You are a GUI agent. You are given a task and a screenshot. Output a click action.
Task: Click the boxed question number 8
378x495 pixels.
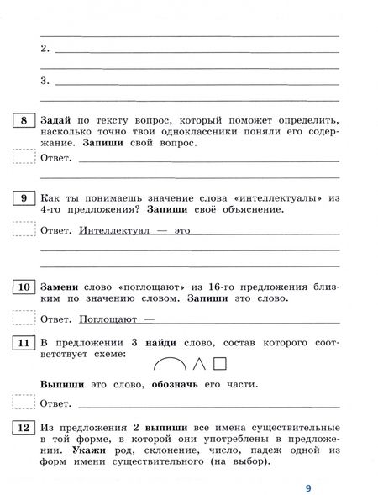click(x=24, y=121)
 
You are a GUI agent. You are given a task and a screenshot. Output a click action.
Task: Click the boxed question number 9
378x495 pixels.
click(x=24, y=198)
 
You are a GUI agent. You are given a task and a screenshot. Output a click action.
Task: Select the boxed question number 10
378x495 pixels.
click(x=24, y=287)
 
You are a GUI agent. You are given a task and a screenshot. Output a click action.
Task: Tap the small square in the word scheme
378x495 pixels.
click(x=221, y=364)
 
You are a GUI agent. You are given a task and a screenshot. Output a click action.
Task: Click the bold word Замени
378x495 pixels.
click(x=61, y=287)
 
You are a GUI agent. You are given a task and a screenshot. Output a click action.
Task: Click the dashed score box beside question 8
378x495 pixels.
click(x=24, y=156)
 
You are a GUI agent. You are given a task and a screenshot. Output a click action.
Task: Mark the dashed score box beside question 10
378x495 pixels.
click(x=24, y=319)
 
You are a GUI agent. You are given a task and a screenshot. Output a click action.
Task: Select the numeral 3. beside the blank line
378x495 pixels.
click(x=45, y=81)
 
